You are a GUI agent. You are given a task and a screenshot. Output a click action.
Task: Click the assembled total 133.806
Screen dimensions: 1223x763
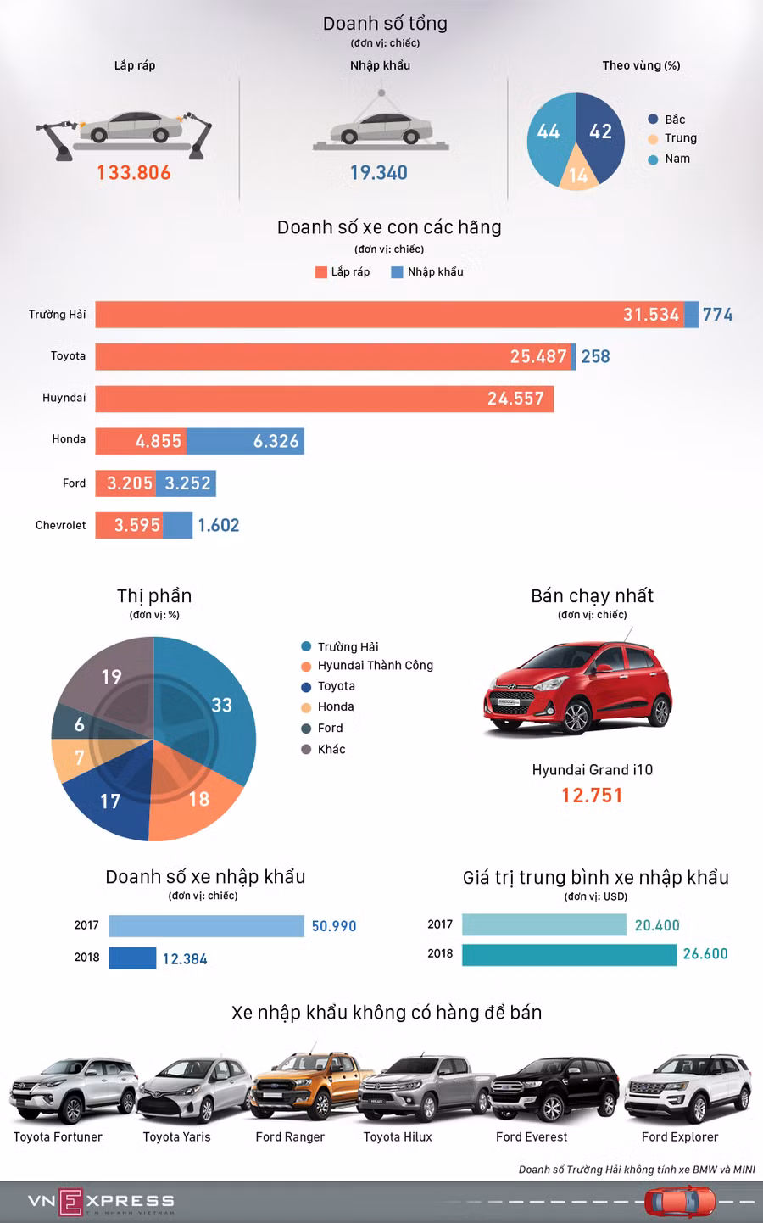134,173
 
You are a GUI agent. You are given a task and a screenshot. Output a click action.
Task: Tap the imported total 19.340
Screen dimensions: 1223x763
379,173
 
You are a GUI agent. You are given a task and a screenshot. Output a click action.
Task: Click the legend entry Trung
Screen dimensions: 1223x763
680,138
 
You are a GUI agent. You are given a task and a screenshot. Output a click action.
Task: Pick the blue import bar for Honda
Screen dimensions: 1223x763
245,441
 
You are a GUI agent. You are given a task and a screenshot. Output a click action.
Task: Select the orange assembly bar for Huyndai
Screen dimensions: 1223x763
324,399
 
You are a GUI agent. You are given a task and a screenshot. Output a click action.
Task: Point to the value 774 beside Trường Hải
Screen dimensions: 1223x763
717,315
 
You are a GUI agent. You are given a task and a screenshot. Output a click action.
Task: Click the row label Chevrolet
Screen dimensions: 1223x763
60,525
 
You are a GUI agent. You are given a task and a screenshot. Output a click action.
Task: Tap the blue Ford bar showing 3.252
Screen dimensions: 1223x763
186,483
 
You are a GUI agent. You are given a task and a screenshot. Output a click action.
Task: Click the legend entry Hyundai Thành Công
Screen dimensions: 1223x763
375,666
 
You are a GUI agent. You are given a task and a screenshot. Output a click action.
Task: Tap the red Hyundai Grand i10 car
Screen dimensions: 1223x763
578,686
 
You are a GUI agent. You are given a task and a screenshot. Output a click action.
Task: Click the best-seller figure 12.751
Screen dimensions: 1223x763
592,796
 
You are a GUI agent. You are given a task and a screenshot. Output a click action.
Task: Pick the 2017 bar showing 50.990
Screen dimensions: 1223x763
206,926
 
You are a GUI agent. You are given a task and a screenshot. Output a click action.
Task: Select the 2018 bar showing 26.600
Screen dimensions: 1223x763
569,954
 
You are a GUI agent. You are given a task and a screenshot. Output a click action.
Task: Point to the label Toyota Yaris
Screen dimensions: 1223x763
176,1137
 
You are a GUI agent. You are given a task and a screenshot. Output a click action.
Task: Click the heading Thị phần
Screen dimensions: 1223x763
154,596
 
